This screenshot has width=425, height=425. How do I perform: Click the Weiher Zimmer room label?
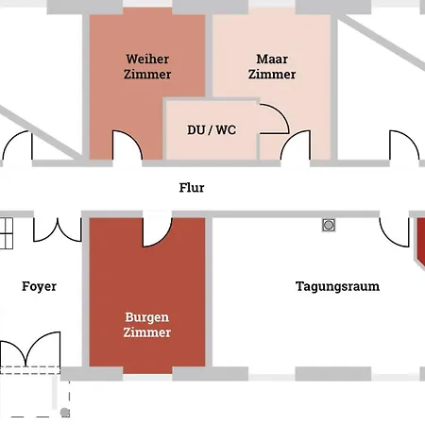click(147, 66)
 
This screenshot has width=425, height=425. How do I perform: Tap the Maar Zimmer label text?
click(272, 66)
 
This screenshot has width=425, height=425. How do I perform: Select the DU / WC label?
click(212, 130)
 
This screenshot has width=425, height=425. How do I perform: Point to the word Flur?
click(192, 188)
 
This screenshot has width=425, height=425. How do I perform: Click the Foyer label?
click(39, 286)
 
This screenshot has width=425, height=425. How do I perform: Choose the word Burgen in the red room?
click(147, 317)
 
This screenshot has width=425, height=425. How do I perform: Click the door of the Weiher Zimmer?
click(127, 145)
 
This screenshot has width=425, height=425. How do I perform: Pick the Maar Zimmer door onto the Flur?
click(296, 145)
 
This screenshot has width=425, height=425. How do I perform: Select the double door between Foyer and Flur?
click(58, 229)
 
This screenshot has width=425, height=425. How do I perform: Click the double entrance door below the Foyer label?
click(30, 351)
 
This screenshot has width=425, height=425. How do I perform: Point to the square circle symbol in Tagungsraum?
click(329, 225)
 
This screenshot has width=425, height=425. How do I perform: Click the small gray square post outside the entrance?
click(65, 413)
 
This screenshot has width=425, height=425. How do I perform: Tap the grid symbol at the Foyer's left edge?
click(6, 229)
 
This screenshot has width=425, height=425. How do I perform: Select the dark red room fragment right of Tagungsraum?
click(420, 241)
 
